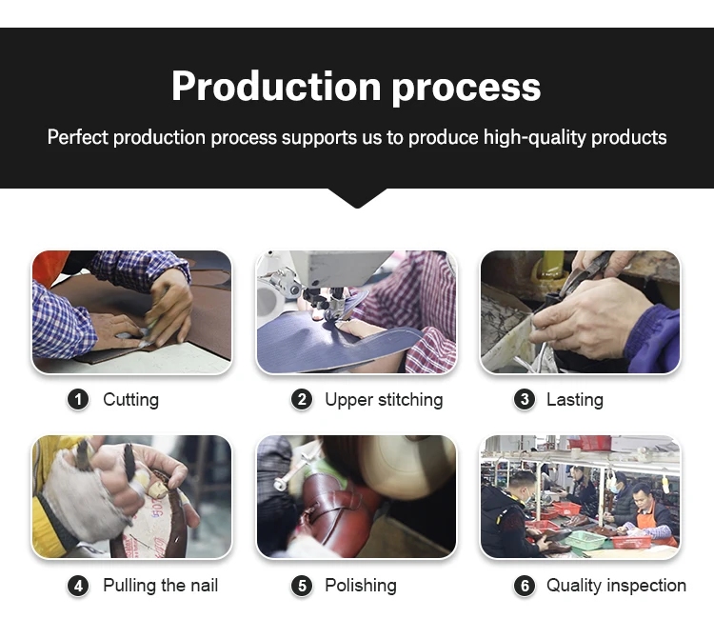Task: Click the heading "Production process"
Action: (x=356, y=87)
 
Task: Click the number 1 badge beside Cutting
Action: (x=78, y=400)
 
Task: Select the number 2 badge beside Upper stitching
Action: (x=302, y=400)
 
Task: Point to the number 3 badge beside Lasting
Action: (x=525, y=400)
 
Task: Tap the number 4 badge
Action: (x=78, y=586)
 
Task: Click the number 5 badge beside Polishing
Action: (x=302, y=586)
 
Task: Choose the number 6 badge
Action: (x=525, y=586)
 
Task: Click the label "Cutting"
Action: (x=131, y=400)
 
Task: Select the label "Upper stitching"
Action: (x=384, y=400)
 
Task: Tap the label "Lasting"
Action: (x=575, y=400)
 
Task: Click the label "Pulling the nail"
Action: (x=161, y=586)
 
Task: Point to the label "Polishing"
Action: (x=361, y=586)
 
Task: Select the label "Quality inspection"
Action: (x=617, y=586)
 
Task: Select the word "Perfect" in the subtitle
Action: (x=78, y=137)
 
